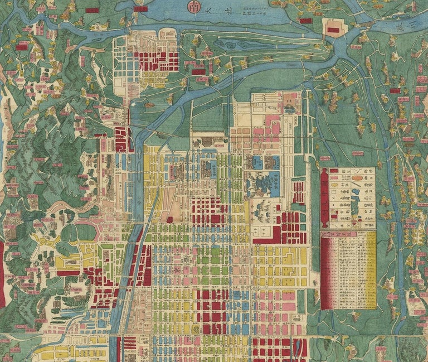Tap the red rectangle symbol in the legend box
click(x=334, y=171)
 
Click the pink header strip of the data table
click(x=348, y=235)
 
